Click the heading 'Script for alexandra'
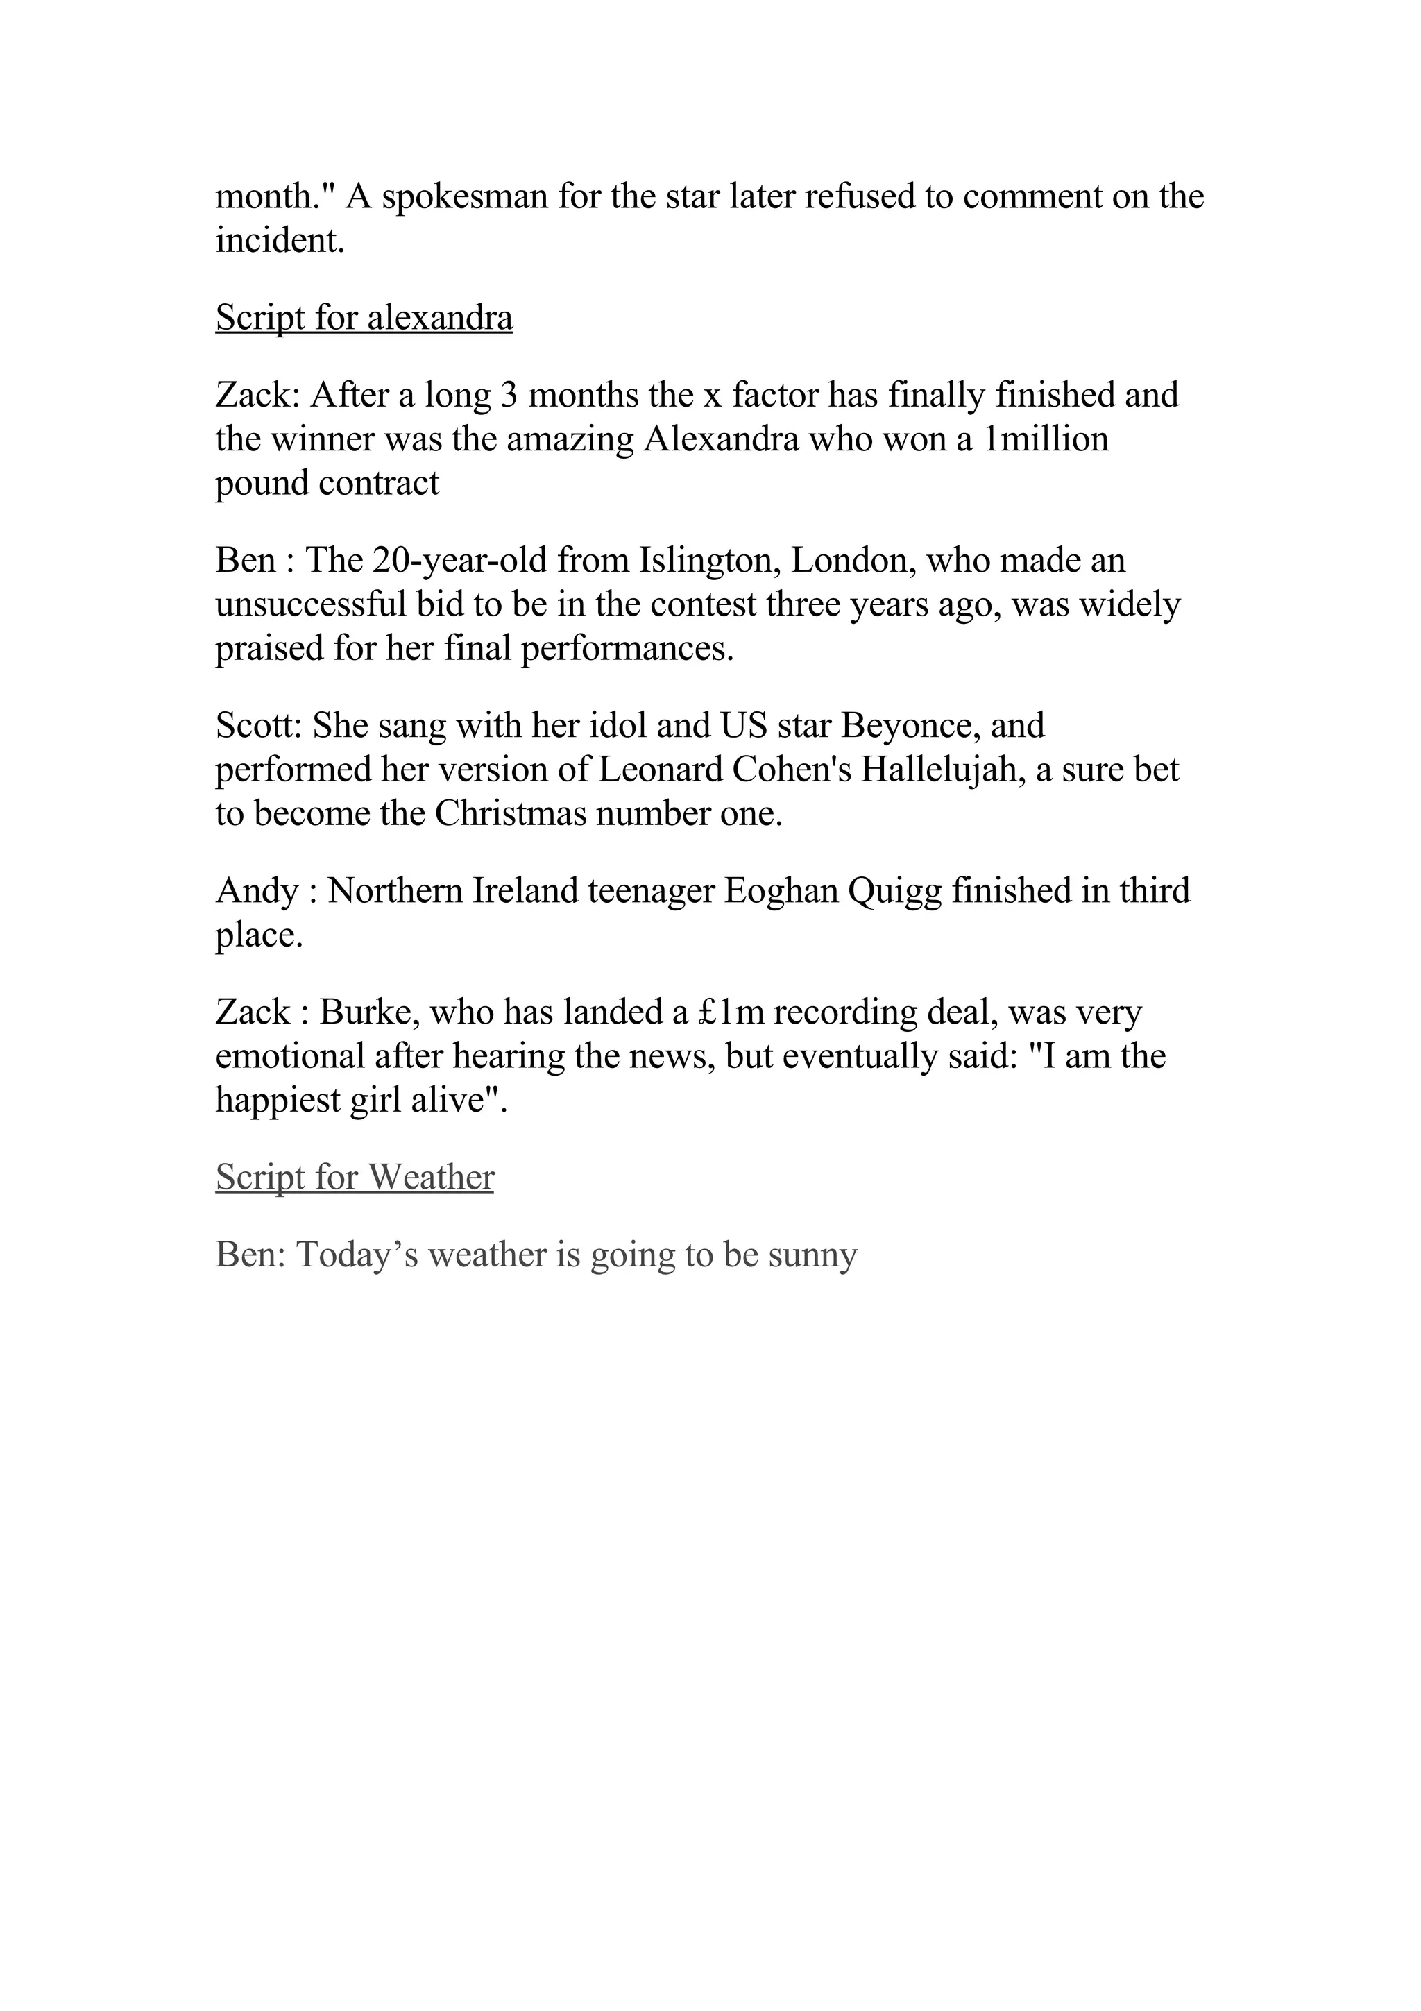coord(364,317)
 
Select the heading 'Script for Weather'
coord(355,1177)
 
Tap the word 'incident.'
coord(280,240)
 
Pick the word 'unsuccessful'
coord(310,604)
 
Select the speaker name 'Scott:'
coord(259,725)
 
